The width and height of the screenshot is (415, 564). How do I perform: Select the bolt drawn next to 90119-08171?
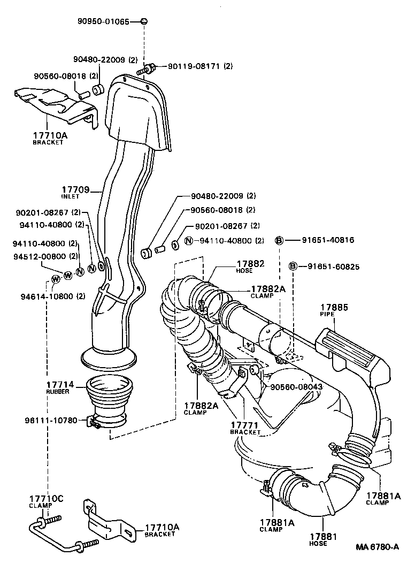click(145, 68)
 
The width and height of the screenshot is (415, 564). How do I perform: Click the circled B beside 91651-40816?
click(279, 241)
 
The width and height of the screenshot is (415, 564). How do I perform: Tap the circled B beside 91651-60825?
click(293, 266)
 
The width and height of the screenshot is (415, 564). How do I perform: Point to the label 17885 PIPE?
click(334, 310)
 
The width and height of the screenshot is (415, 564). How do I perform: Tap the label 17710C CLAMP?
click(46, 501)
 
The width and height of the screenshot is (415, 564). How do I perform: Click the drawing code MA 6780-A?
click(378, 547)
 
